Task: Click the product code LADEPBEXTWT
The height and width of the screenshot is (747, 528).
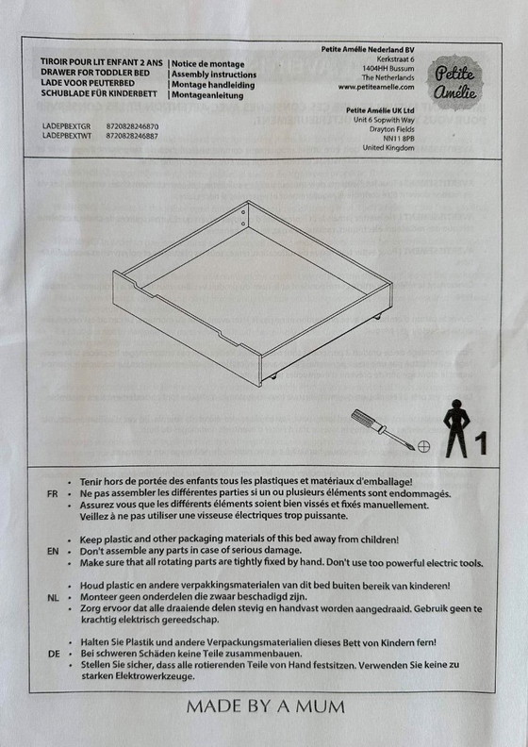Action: click(x=67, y=136)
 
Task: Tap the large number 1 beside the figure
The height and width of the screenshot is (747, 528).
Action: click(x=481, y=440)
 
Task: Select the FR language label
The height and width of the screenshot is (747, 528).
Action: click(x=52, y=494)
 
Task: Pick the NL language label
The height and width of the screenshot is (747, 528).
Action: click(x=52, y=599)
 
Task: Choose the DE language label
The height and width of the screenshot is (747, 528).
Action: click(x=52, y=654)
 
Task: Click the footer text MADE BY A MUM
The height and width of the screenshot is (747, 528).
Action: click(x=265, y=705)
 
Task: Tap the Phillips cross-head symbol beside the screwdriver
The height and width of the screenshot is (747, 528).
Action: click(x=423, y=443)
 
